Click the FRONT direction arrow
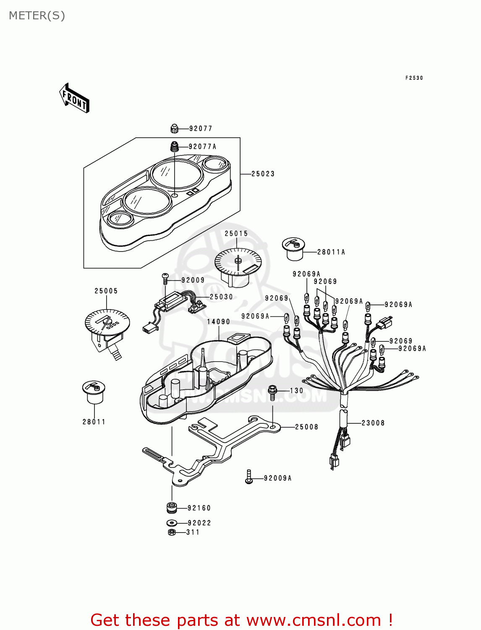click(x=74, y=98)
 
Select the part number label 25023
click(x=263, y=174)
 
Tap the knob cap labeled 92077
click(x=175, y=129)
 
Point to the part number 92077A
click(x=202, y=147)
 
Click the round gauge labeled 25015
click(x=238, y=265)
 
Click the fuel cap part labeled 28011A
click(x=293, y=249)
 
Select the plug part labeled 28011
click(x=94, y=392)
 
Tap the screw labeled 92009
click(x=165, y=278)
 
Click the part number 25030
click(x=221, y=297)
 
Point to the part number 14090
click(x=218, y=322)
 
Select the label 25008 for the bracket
click(x=306, y=427)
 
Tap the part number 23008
click(x=373, y=423)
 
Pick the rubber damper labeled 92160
click(x=171, y=508)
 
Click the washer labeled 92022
click(x=171, y=523)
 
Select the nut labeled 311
click(x=171, y=532)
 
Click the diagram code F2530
click(x=414, y=78)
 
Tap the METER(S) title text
click(x=37, y=16)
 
